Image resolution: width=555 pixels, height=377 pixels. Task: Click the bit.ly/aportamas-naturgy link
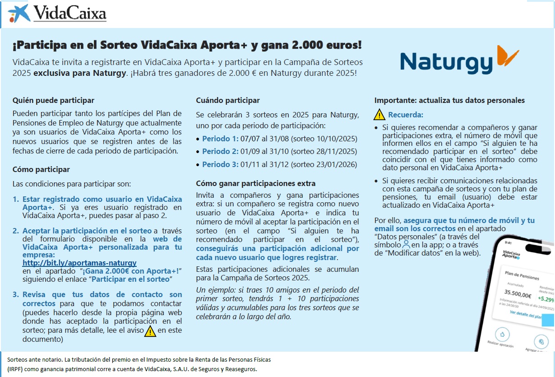[79, 262]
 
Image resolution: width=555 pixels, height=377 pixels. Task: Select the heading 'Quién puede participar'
[53, 100]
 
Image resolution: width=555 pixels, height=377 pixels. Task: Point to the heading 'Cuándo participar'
[228, 100]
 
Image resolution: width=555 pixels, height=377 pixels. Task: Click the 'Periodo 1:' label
[220, 139]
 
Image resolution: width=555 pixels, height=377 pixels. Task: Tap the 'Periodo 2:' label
[220, 151]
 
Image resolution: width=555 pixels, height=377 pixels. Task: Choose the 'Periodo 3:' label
[220, 164]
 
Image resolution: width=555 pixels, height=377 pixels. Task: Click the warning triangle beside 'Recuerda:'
[379, 115]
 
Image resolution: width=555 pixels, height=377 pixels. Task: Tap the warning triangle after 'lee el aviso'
[150, 331]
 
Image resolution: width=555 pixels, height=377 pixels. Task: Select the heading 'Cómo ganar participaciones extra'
[256, 183]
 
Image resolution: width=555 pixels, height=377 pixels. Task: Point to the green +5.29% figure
[546, 299]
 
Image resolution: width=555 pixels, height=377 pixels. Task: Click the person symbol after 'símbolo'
[406, 244]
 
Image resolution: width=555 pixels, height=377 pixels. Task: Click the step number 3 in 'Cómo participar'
[15, 294]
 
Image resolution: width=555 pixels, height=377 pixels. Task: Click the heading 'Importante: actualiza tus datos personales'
[449, 100]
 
